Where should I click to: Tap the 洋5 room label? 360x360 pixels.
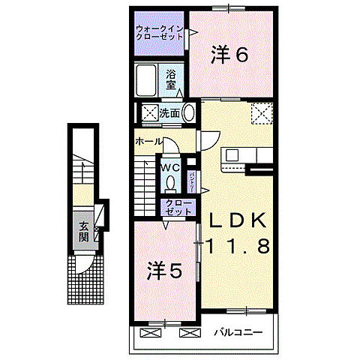point(163,270)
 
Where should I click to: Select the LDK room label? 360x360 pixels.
point(238,223)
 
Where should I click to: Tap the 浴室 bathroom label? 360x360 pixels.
point(171,79)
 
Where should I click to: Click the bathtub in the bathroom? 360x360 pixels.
point(147,79)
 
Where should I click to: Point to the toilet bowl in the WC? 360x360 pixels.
point(171,182)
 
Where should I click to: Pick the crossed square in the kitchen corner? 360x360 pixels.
point(262,113)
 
